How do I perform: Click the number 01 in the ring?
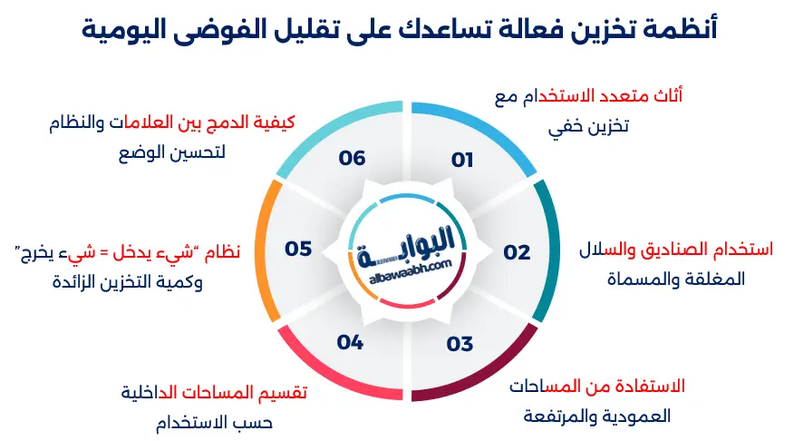[x=463, y=161]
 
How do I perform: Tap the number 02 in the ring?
[x=517, y=252]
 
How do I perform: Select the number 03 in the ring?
[x=460, y=344]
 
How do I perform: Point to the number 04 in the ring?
[x=350, y=343]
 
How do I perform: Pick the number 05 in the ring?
[x=298, y=248]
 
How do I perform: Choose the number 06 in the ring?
[x=352, y=158]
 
